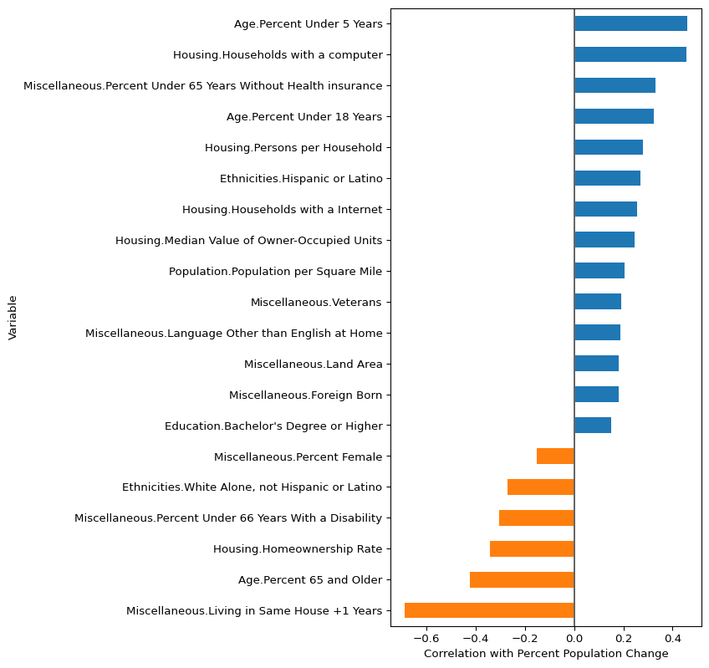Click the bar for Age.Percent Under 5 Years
pyautogui.click(x=630, y=23)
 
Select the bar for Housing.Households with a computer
pyautogui.click(x=630, y=54)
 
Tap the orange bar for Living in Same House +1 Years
pyautogui.click(x=489, y=610)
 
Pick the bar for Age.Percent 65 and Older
pyautogui.click(x=522, y=579)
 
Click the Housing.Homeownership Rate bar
pyautogui.click(x=532, y=548)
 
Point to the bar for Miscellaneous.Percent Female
pyautogui.click(x=555, y=456)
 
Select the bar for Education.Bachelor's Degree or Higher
pyautogui.click(x=593, y=426)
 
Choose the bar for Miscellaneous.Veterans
pyautogui.click(x=598, y=302)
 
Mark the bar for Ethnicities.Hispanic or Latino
pyautogui.click(x=607, y=178)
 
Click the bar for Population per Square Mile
pyautogui.click(x=599, y=271)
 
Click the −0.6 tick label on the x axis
pyautogui.click(x=426, y=638)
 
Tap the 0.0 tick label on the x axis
pyautogui.click(x=574, y=638)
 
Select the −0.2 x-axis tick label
pyautogui.click(x=525, y=638)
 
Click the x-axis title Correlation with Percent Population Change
pyautogui.click(x=546, y=654)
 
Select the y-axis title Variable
pyautogui.click(x=13, y=317)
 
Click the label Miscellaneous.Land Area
pyautogui.click(x=313, y=365)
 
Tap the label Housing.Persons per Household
pyautogui.click(x=293, y=148)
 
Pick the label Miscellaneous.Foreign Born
pyautogui.click(x=305, y=395)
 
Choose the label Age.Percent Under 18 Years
pyautogui.click(x=304, y=117)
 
